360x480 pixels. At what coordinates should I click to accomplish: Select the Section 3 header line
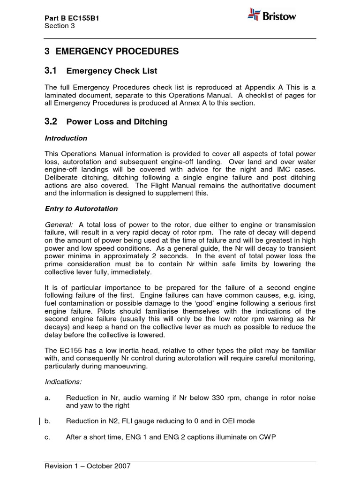point(60,26)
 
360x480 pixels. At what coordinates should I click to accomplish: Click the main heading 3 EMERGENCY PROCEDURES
point(112,52)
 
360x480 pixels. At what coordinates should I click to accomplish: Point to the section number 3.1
point(51,71)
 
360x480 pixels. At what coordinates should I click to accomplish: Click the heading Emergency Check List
point(112,71)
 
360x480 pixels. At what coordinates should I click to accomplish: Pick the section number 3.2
point(51,121)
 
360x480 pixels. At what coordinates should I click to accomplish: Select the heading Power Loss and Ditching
point(117,122)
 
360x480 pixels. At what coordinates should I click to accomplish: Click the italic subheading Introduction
point(66,138)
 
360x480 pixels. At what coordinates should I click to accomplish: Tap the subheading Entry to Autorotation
point(81,209)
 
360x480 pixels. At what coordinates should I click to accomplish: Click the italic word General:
point(59,225)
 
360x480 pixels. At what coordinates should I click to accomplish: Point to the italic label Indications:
point(62,382)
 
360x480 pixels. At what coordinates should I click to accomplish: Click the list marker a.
point(47,397)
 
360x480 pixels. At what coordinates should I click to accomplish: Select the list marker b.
point(47,421)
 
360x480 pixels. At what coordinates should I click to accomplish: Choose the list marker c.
point(47,437)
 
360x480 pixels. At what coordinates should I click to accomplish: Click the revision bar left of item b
point(40,421)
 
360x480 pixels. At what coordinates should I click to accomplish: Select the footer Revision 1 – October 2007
point(87,466)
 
